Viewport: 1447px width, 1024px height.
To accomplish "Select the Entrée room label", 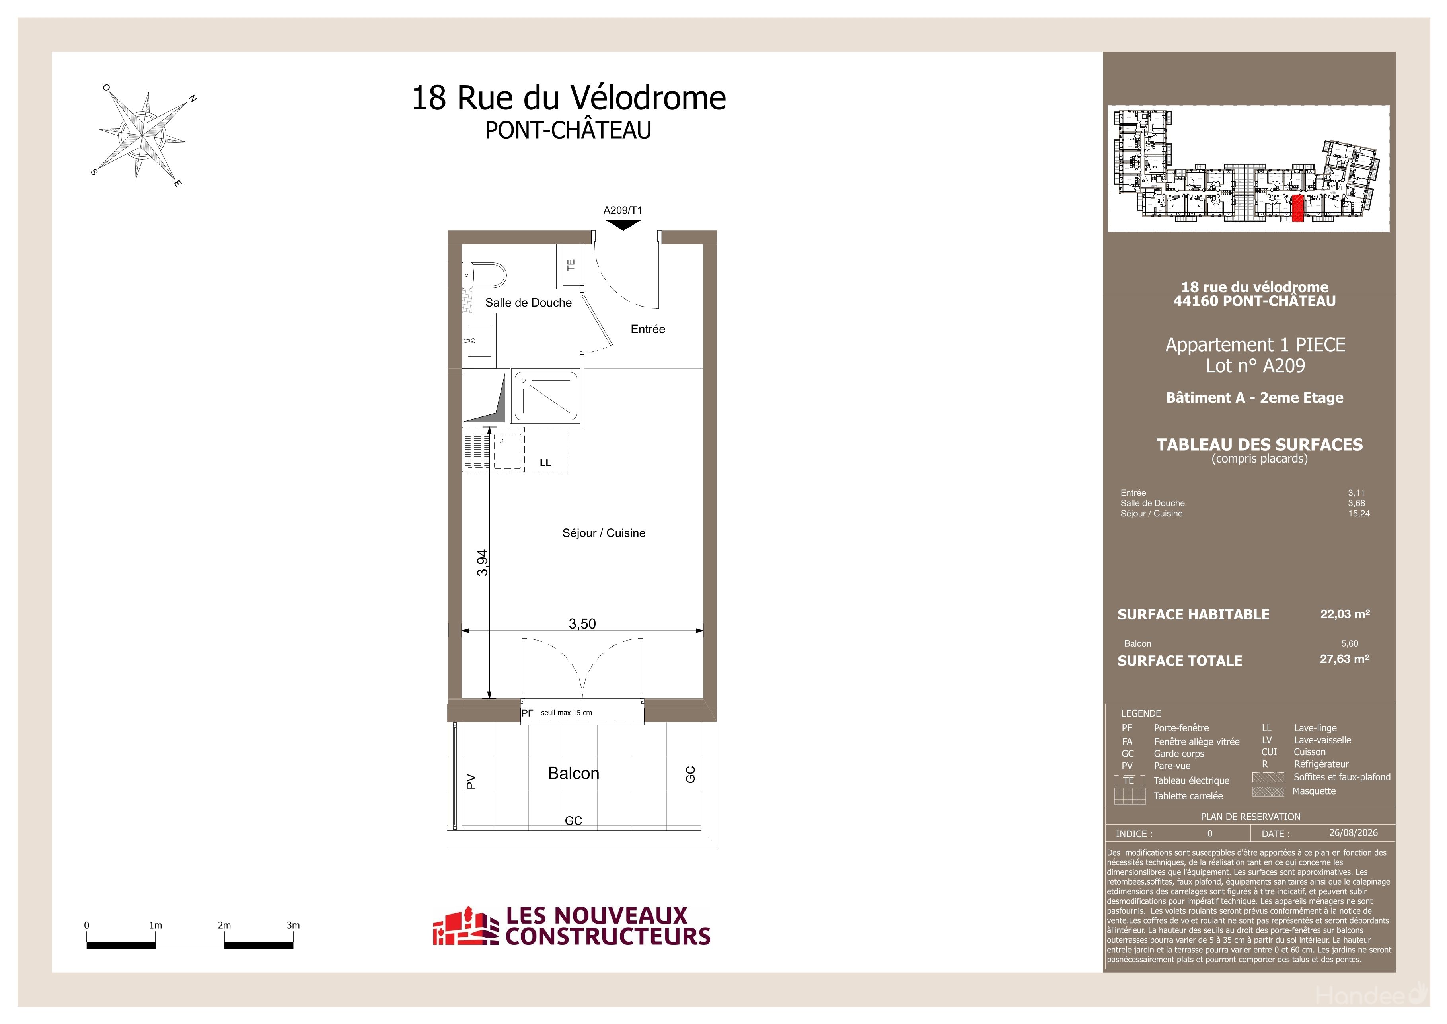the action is point(648,329).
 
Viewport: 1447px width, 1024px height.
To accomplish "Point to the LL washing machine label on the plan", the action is point(545,463).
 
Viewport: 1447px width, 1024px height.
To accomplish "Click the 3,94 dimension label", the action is point(482,563).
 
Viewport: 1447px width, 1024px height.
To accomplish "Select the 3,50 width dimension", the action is point(582,623).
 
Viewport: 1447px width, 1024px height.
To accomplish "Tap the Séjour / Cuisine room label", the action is point(604,533).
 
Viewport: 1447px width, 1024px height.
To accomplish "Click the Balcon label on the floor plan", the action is point(573,773).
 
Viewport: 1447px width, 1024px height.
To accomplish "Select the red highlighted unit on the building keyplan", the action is point(1298,209).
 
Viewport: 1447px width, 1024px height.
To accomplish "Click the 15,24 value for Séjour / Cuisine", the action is point(1359,513).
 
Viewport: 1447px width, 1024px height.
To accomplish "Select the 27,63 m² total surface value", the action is point(1345,659).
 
